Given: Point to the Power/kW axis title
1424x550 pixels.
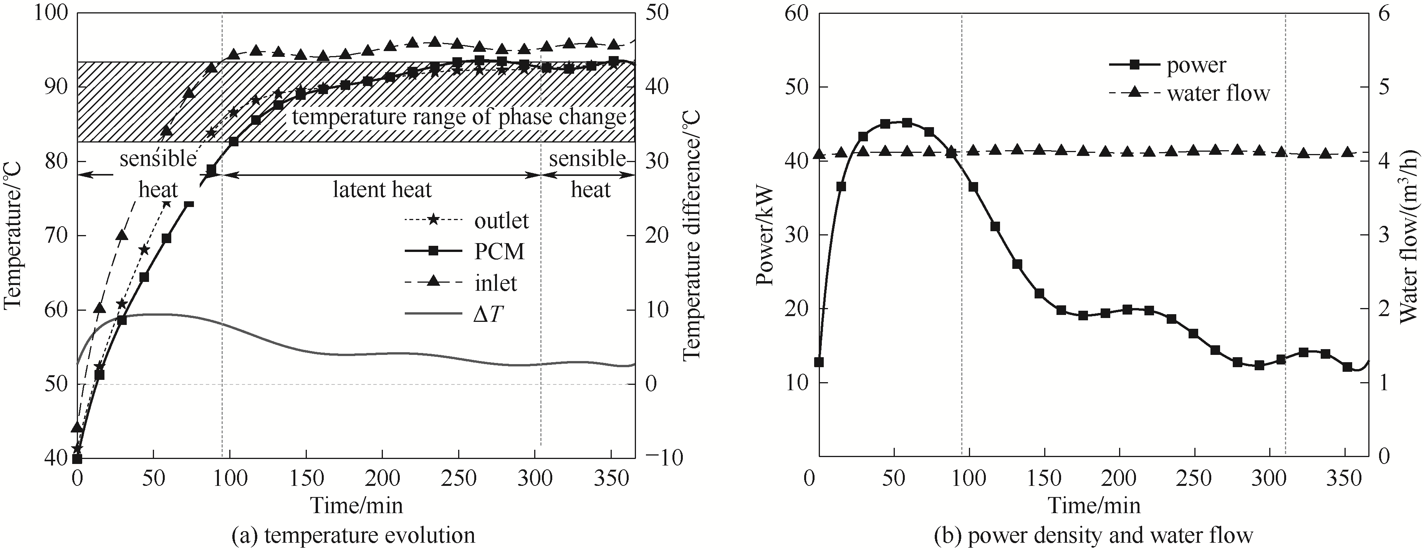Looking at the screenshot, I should click(766, 235).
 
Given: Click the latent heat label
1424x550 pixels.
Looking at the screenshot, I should click(382, 190).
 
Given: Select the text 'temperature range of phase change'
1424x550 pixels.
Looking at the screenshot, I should click(459, 117).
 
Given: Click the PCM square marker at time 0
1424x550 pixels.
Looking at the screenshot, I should click(78, 458).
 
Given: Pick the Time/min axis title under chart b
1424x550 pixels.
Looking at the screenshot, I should click(1094, 505).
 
